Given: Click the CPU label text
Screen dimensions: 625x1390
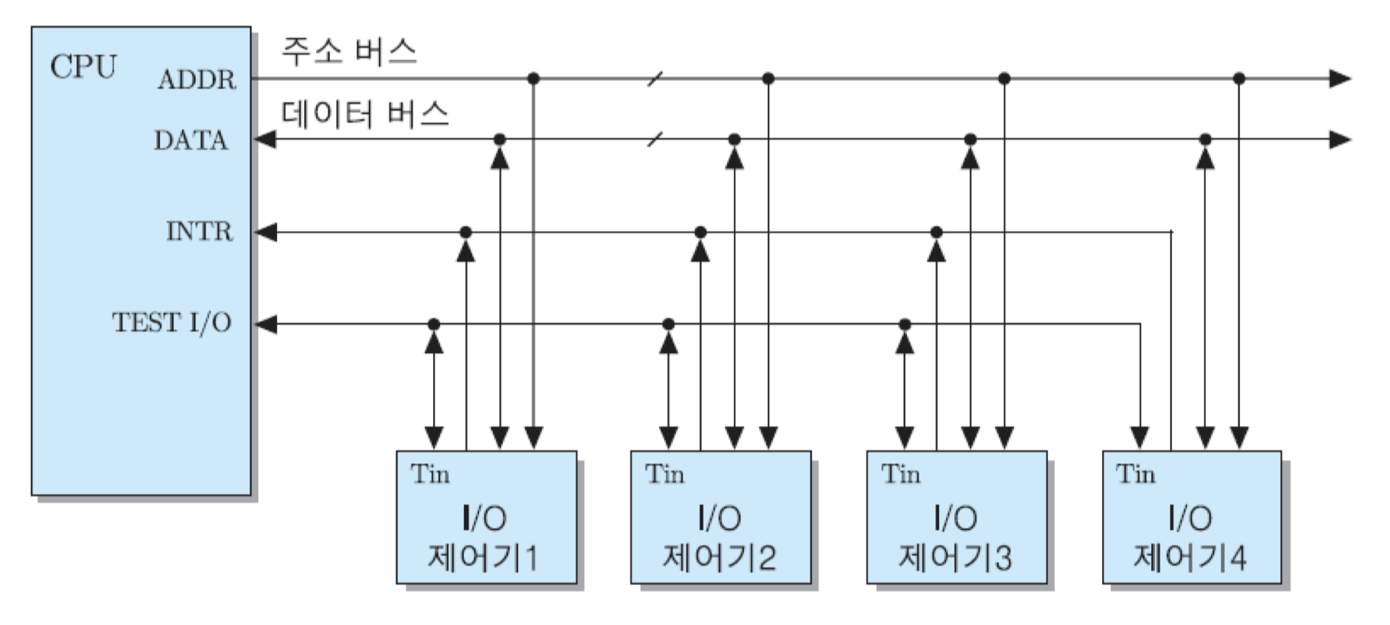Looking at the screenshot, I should pos(83,67).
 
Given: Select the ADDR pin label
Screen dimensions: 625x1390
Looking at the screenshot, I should pos(197,80).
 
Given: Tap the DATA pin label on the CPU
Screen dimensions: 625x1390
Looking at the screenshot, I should pos(191,140).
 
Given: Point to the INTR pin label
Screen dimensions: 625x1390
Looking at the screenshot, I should pos(199,231).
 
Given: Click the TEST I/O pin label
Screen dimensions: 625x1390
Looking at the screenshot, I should pos(171,322).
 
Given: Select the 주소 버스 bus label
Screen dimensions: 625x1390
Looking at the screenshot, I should pos(349,52).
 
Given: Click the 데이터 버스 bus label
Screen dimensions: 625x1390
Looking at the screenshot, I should pos(364,113).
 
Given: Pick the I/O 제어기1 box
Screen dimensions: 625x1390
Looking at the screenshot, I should pos(486,518).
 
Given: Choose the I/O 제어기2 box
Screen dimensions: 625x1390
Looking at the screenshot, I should pos(720,518).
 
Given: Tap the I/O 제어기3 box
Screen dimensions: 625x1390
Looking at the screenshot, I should pos(956,518).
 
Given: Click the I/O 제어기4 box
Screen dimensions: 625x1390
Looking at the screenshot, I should pos(1191,518).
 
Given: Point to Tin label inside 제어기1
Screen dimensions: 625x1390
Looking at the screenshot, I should pos(429,474).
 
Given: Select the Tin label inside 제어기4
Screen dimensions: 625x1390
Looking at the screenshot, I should pos(1135,474).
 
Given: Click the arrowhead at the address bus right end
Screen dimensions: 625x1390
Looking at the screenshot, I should pos(1339,78).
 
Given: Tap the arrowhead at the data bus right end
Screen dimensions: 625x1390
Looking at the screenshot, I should pos(1339,139).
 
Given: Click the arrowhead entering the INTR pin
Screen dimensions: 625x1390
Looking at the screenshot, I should pos(266,232).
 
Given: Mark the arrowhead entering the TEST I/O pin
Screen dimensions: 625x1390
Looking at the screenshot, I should pos(266,324).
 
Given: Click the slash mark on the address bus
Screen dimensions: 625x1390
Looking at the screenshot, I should pos(655,78).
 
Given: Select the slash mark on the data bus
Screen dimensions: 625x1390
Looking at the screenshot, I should pos(655,139).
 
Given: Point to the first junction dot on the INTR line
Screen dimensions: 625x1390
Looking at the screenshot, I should pos(465,232).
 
